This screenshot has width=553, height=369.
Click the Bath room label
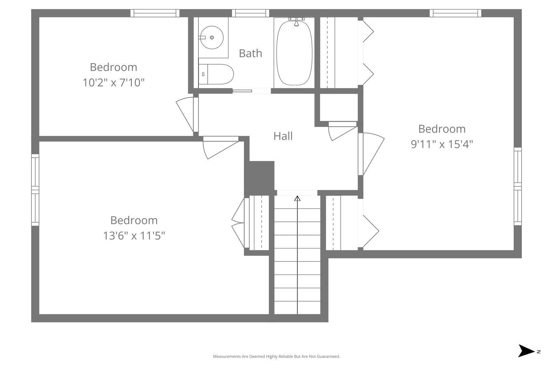coord(250,53)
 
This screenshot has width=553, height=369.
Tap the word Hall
coord(283,136)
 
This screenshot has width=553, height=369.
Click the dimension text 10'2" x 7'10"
coord(113,82)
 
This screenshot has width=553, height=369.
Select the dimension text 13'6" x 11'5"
coord(134,235)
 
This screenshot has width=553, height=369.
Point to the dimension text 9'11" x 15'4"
coord(442,144)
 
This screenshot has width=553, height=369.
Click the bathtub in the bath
coord(294,52)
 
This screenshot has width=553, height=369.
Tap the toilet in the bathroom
coord(216,74)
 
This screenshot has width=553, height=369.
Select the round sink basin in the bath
coord(211,37)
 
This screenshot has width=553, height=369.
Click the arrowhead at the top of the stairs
coord(298,198)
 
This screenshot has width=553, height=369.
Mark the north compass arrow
coord(526,351)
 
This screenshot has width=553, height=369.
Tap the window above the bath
coord(250,13)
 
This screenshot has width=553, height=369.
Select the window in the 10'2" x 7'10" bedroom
coord(155,13)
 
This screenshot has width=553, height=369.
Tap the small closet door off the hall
coord(342,132)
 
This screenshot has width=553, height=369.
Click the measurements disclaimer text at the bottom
coord(276,356)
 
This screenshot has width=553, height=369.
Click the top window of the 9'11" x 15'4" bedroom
coord(455,13)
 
